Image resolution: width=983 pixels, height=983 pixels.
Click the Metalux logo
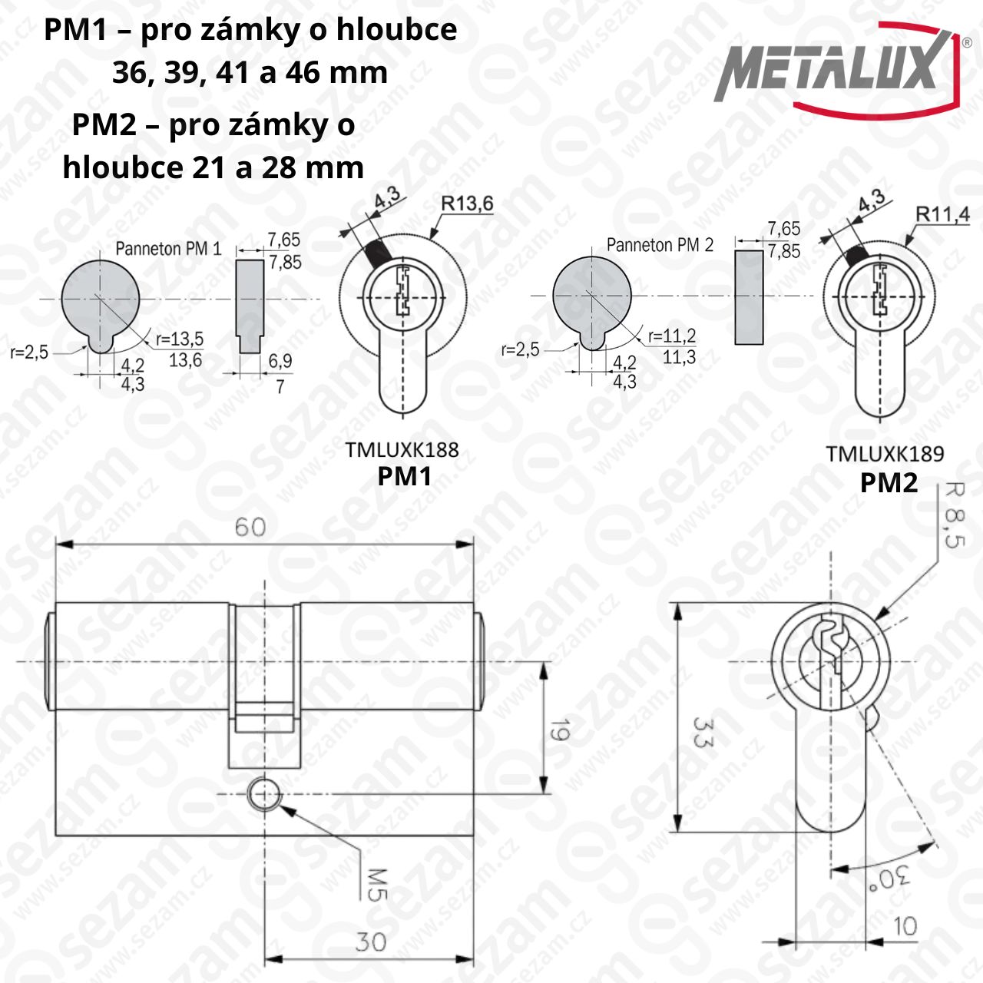842,71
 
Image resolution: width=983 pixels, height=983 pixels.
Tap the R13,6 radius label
467,204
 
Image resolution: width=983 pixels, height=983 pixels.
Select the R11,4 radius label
942,215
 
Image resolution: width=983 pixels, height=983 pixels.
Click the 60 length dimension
250,527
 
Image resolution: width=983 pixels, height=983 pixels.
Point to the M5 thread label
377,885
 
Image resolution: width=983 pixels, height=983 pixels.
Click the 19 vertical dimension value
560,730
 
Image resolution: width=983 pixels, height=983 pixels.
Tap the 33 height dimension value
702,733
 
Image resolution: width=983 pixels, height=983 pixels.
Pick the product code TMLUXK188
402,450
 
